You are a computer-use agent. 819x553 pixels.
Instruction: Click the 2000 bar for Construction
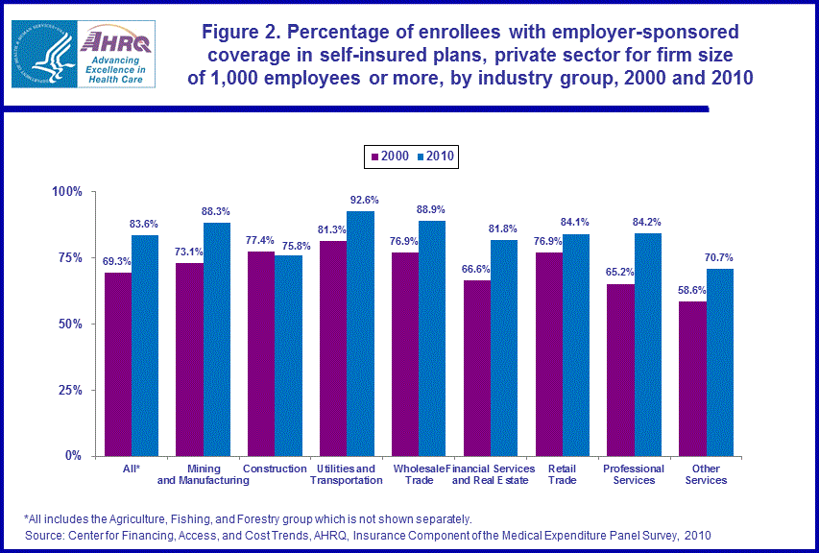click(x=260, y=353)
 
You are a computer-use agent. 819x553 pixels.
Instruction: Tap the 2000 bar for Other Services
click(x=692, y=378)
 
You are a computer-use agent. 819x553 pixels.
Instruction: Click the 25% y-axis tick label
click(x=72, y=390)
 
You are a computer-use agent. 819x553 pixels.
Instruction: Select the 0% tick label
click(x=76, y=456)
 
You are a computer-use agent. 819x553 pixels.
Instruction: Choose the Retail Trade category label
click(x=562, y=474)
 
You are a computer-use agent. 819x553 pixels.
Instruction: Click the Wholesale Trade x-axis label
click(x=418, y=474)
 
